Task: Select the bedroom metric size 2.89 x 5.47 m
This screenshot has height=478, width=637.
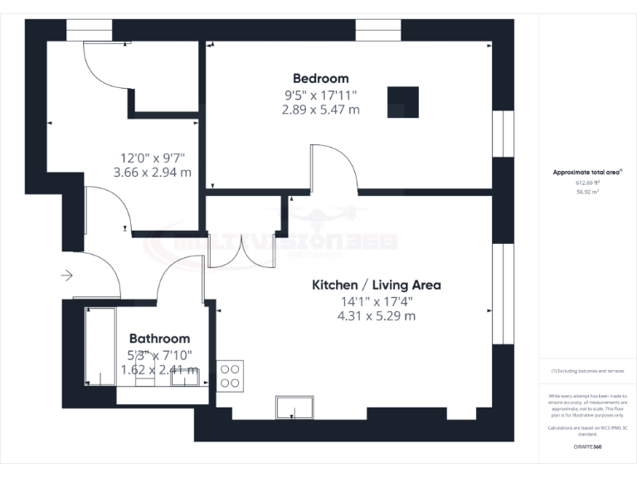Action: [321, 109]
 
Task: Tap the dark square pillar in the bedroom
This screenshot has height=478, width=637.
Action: [403, 102]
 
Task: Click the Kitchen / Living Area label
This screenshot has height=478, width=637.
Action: [376, 285]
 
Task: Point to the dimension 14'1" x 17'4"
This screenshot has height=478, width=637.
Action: [376, 300]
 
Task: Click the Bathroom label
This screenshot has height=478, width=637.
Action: [159, 339]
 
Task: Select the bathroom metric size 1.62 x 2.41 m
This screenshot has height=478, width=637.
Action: [159, 369]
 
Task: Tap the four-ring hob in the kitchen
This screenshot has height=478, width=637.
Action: [230, 376]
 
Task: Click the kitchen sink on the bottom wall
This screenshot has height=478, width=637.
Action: [294, 407]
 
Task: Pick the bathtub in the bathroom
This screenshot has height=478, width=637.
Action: [100, 347]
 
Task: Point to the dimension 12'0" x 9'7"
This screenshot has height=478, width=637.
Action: [153, 157]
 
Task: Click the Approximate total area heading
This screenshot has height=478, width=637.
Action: [586, 173]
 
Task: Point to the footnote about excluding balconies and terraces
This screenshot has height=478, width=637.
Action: [586, 371]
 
